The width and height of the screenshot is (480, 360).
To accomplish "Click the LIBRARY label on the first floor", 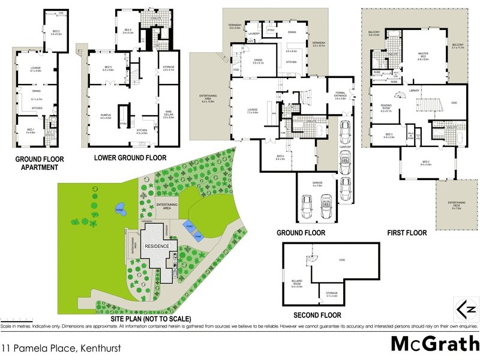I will coord(414,91).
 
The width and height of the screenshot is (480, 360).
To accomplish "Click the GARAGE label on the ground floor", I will coord(317,184).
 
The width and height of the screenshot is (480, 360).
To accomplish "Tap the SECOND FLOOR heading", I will coord(317,315).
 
